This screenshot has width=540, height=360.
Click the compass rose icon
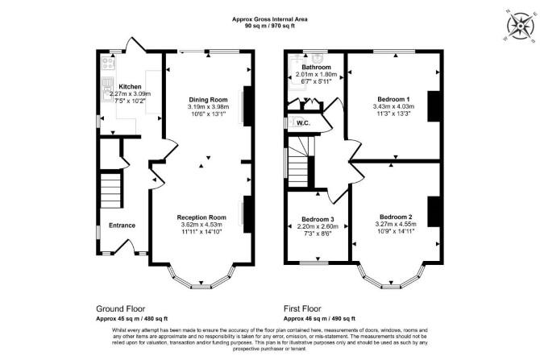(x=520, y=26)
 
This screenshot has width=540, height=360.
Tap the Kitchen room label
(x=130, y=87)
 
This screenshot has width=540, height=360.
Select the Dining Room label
(x=209, y=100)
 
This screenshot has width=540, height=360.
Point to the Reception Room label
(x=201, y=217)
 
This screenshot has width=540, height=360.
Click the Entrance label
(x=122, y=226)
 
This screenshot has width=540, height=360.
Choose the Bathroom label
(x=316, y=67)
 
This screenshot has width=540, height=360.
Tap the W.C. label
(x=303, y=123)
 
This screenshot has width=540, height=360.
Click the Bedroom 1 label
(x=393, y=99)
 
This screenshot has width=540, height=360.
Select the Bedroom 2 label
(x=396, y=217)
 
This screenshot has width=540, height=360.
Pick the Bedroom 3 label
(x=318, y=219)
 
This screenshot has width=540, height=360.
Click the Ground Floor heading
(x=121, y=308)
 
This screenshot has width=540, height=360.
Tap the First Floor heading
(x=302, y=308)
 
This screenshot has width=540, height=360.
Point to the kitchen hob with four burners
(x=108, y=64)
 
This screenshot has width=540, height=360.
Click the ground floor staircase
(x=111, y=190)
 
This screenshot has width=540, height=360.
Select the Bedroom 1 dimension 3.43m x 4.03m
(x=393, y=106)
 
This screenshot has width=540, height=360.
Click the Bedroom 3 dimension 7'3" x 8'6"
(x=318, y=234)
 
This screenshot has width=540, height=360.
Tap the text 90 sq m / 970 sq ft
(x=270, y=26)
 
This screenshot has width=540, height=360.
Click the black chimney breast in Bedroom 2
(x=434, y=211)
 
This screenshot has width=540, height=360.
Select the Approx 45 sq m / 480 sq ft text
(x=132, y=319)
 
